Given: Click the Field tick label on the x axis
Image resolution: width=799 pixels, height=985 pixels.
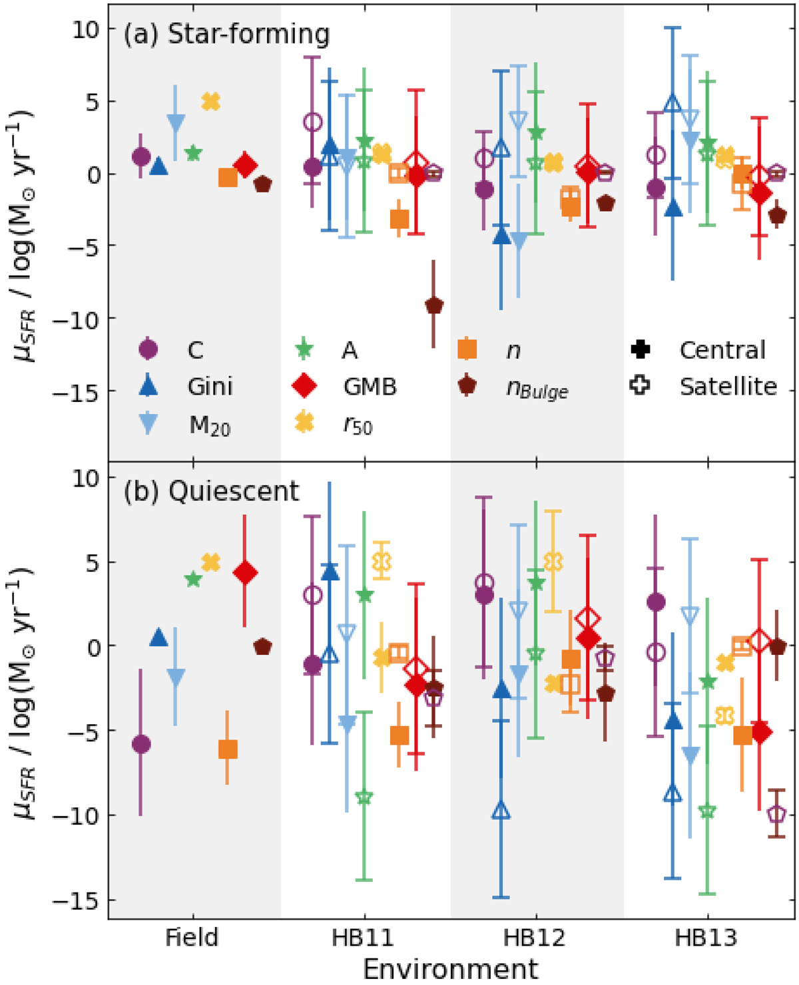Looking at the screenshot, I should [192, 938].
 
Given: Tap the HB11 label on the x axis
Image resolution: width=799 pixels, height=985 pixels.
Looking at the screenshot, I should [364, 938].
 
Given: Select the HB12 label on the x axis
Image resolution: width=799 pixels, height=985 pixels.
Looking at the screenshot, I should [535, 938].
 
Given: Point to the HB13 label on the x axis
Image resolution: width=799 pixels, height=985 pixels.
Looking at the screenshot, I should [706, 938].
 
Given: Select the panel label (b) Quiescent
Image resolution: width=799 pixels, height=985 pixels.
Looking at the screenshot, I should [211, 491].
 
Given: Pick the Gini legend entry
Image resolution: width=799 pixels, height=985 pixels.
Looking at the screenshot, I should [209, 387].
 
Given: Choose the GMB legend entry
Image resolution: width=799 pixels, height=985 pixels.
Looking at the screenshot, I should [370, 387].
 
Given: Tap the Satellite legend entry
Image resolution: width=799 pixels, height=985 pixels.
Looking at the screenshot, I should [728, 387].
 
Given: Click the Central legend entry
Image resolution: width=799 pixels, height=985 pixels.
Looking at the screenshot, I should [722, 350].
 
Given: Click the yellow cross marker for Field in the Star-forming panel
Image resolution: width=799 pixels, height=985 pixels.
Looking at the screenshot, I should [210, 102].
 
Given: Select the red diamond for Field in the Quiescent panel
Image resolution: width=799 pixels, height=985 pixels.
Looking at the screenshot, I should [245, 573].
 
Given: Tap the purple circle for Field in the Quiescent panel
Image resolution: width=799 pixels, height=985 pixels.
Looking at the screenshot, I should [140, 744].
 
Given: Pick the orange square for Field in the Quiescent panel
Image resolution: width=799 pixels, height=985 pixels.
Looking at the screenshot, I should [228, 750].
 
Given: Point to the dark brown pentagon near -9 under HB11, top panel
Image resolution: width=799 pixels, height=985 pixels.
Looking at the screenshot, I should [434, 306].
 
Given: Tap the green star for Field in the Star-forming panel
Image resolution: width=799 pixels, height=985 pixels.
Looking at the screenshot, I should [193, 154].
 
